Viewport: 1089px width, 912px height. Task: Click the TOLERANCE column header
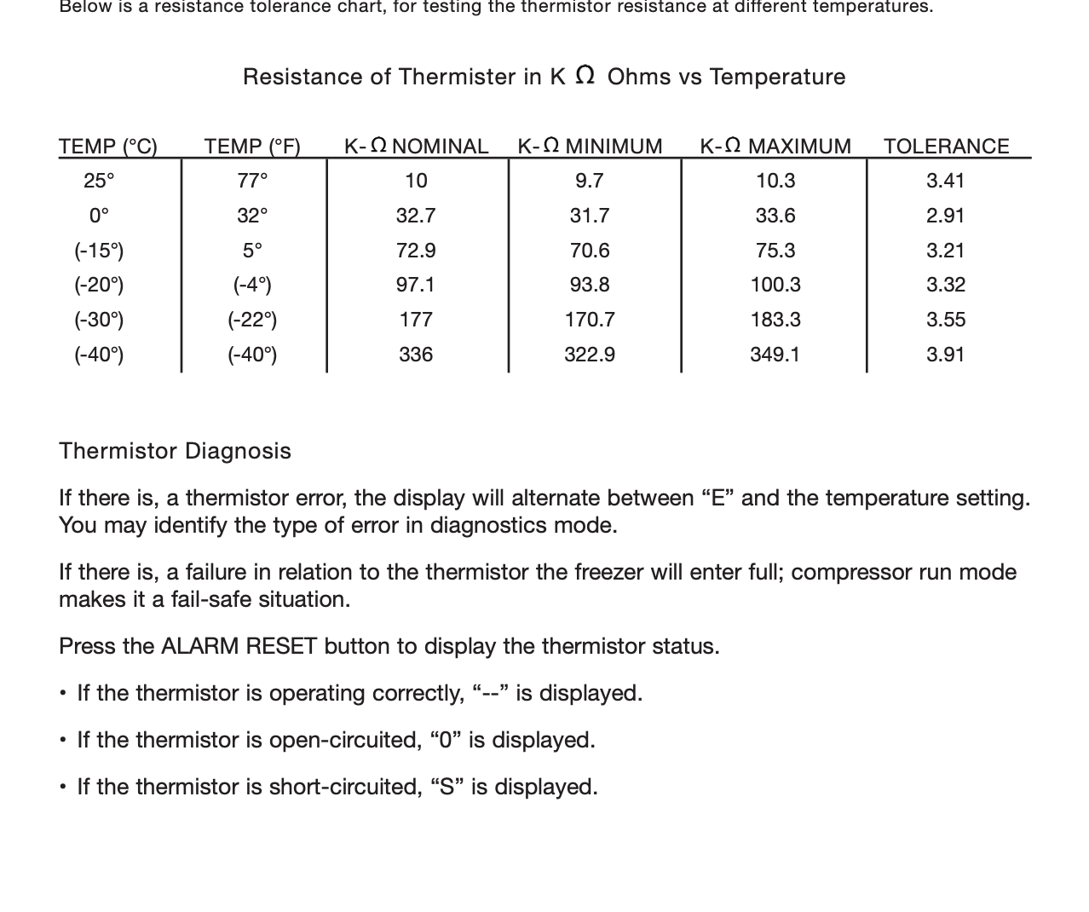click(946, 147)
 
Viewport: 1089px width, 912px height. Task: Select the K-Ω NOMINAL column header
click(416, 147)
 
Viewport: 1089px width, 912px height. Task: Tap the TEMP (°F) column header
click(252, 147)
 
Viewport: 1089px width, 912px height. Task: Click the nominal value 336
click(416, 355)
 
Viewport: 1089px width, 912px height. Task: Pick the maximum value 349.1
click(775, 355)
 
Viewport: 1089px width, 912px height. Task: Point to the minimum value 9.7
click(589, 181)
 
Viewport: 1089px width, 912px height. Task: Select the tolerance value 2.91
click(945, 216)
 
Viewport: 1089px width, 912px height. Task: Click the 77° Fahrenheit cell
click(252, 181)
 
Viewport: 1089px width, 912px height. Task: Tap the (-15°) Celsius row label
click(99, 251)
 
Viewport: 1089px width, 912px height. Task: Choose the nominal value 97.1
click(416, 285)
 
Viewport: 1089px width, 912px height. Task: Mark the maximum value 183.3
click(775, 320)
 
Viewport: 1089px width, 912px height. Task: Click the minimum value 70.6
click(589, 251)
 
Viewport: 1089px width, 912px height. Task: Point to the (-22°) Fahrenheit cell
click(252, 320)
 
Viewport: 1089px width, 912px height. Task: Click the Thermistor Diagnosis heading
click(175, 451)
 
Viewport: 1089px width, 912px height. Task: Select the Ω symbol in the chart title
click(585, 75)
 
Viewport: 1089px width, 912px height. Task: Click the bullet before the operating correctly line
click(64, 694)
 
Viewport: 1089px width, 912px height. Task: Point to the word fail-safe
click(212, 599)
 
